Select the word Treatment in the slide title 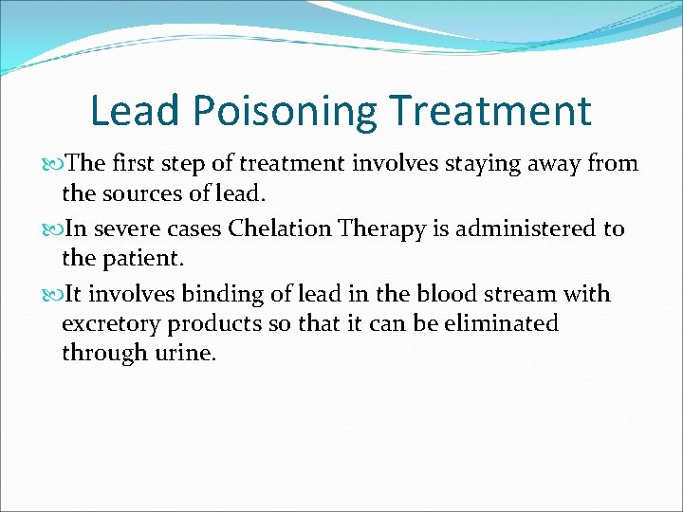490,110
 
